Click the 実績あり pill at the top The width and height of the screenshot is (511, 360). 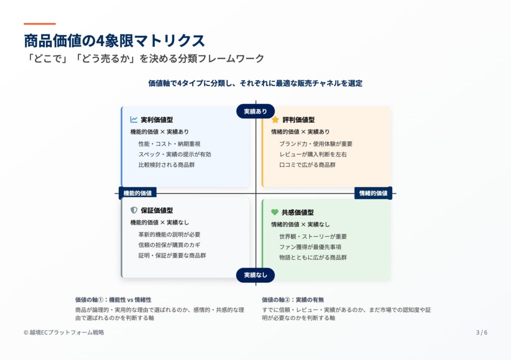[x=255, y=111]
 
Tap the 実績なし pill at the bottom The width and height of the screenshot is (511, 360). [x=255, y=275]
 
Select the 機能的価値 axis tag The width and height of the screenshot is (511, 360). [x=138, y=193]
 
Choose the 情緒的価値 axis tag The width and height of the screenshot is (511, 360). [x=373, y=193]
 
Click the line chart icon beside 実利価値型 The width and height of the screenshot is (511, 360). [x=134, y=120]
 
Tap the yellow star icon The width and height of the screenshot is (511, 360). [x=275, y=120]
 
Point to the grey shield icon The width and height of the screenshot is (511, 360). [x=134, y=210]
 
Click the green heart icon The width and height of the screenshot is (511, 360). [x=275, y=212]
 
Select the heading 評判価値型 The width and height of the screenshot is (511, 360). [x=298, y=120]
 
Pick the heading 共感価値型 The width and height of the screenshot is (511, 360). [x=297, y=212]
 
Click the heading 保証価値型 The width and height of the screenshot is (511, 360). [x=157, y=210]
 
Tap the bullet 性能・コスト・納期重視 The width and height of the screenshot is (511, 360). [x=170, y=144]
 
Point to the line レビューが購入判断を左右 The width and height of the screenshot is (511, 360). [x=313, y=154]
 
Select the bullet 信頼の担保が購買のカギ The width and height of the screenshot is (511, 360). [x=170, y=245]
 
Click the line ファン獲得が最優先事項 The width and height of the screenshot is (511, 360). [x=310, y=247]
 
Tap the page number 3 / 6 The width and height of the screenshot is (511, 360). [x=482, y=332]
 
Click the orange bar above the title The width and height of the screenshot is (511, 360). [x=40, y=24]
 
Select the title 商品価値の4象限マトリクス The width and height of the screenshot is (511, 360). [x=114, y=41]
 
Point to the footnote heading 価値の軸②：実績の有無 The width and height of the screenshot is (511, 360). [x=293, y=300]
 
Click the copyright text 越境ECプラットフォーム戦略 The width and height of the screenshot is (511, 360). [x=67, y=332]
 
